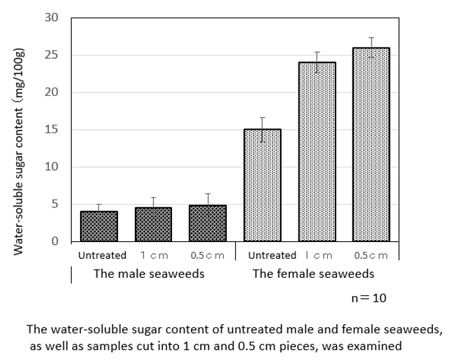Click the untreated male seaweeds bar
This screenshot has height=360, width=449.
pos(99,226)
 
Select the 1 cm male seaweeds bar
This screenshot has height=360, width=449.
pos(153,224)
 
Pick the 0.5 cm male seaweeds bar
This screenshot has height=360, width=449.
pos(208,224)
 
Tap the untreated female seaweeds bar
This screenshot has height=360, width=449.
pos(263,185)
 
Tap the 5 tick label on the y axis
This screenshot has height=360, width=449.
pos(55,204)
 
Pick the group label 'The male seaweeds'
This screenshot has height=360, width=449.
pos(149,273)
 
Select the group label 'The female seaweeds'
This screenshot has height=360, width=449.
pos(313,273)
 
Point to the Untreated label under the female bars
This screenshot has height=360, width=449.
pos(272,255)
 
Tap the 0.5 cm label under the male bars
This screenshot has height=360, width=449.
pos(207,255)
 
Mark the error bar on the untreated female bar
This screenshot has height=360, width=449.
pos(263,129)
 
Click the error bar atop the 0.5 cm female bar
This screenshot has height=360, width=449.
pos(371,48)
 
